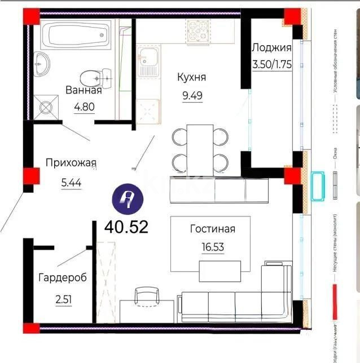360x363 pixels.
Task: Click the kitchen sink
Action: [150, 57]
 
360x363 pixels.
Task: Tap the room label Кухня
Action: [191, 77]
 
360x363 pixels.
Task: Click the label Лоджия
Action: [271, 47]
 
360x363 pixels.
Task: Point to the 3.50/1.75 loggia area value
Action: [271, 63]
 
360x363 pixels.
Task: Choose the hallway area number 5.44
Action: [71, 183]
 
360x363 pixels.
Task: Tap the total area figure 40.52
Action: [126, 227]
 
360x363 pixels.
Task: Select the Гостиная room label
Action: [212, 229]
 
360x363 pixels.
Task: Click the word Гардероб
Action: [63, 277]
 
